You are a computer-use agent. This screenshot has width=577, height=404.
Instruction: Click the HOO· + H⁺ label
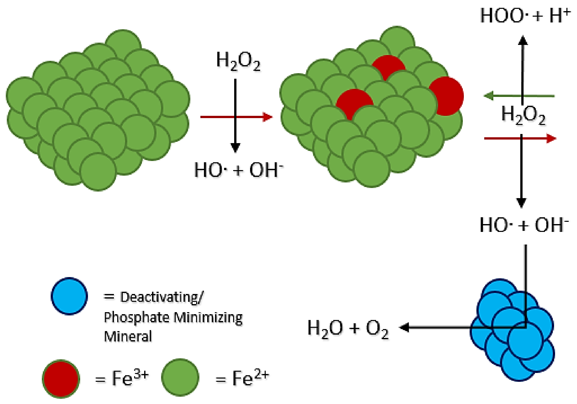click(x=525, y=16)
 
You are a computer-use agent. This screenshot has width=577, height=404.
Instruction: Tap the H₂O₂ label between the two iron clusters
click(x=238, y=61)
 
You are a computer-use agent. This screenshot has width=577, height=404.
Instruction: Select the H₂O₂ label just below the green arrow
click(x=523, y=115)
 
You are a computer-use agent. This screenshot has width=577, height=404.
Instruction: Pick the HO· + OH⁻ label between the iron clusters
click(x=239, y=170)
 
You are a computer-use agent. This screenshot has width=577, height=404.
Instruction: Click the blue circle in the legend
click(x=69, y=296)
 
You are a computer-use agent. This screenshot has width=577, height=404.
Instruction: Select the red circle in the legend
click(x=61, y=379)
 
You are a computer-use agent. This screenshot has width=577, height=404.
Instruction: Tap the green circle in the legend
click(x=180, y=378)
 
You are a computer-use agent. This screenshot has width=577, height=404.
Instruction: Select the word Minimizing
click(x=208, y=318)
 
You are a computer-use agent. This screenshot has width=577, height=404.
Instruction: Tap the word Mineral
click(x=128, y=336)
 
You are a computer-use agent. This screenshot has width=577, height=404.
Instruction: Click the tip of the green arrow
click(x=484, y=96)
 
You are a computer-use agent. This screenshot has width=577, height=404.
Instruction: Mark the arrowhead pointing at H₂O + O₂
click(x=404, y=328)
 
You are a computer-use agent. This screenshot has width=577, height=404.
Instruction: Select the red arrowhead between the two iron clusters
click(x=268, y=117)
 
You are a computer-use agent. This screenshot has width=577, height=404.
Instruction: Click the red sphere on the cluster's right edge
click(x=446, y=96)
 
